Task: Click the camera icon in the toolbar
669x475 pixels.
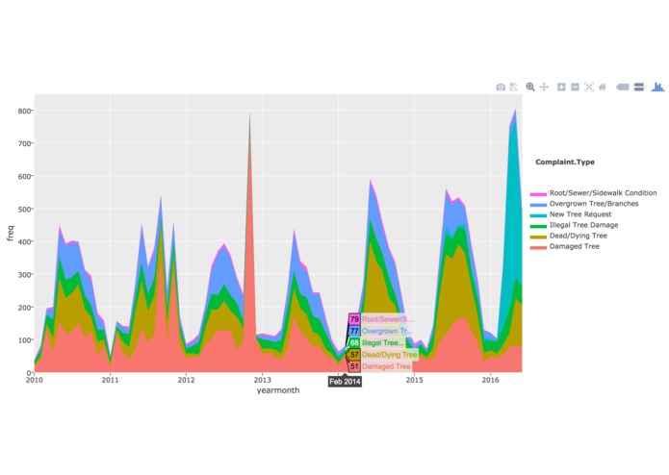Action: pyautogui.click(x=501, y=87)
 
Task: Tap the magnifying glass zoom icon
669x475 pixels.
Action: pyautogui.click(x=530, y=87)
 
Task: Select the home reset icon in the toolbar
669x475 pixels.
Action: pyautogui.click(x=603, y=87)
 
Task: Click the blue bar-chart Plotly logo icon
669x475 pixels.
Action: pyautogui.click(x=658, y=87)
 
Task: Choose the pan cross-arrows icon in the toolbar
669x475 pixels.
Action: pyautogui.click(x=545, y=87)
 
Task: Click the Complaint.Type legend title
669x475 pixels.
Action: pyautogui.click(x=565, y=162)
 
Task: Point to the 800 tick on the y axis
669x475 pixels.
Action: pyautogui.click(x=23, y=111)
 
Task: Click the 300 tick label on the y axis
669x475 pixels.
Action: pyautogui.click(x=23, y=274)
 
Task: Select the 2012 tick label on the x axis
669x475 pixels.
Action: pyautogui.click(x=186, y=380)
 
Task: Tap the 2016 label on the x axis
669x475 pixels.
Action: pyautogui.click(x=490, y=380)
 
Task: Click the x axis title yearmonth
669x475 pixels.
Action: pyautogui.click(x=278, y=390)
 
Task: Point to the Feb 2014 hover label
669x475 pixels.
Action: pyautogui.click(x=345, y=382)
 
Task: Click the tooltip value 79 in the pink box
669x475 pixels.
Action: pyautogui.click(x=354, y=319)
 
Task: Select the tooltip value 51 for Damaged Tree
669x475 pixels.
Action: pyautogui.click(x=354, y=366)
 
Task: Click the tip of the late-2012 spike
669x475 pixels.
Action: pyautogui.click(x=250, y=114)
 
